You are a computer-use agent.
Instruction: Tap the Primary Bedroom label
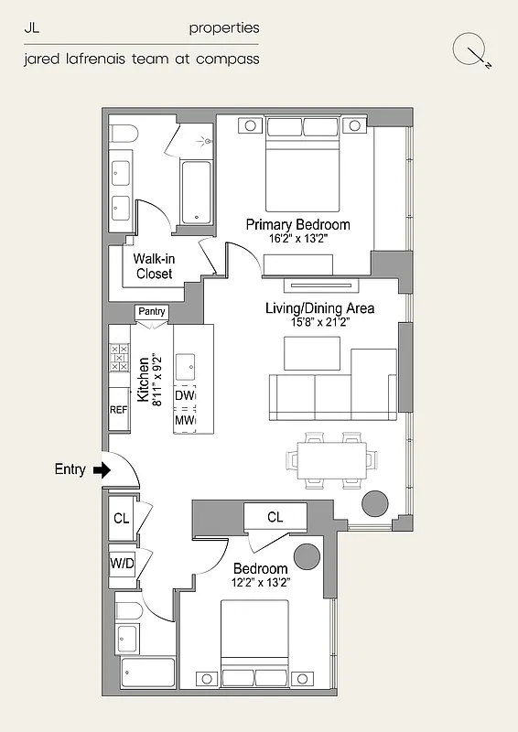coord(297,224)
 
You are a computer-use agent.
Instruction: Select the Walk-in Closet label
coord(154,266)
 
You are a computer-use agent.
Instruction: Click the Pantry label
coord(152,312)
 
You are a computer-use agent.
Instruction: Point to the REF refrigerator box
coord(119,411)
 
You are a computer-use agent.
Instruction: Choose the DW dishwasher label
coord(185,395)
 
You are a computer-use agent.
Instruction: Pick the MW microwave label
coord(185,420)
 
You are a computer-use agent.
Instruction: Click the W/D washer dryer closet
coord(123,563)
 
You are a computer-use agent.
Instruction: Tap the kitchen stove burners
coord(119,357)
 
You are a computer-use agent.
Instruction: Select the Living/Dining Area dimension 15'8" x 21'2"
coord(319,322)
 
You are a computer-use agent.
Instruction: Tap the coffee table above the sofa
coord(313,353)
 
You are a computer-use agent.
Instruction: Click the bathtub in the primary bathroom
coord(197,192)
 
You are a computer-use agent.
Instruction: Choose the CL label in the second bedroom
coord(275,517)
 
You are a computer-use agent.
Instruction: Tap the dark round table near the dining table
coord(375,504)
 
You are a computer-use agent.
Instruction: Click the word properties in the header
coord(224,28)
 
